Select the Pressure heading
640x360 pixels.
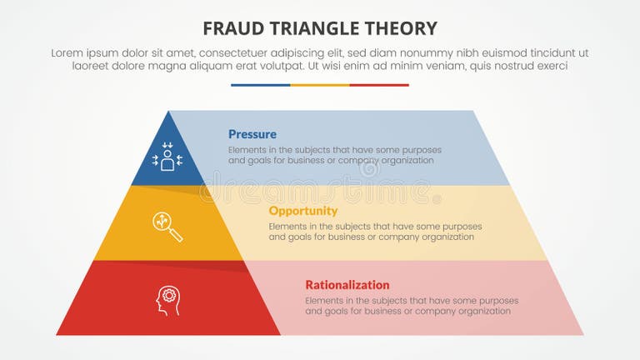coord(252,134)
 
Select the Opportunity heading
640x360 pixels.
coord(302,211)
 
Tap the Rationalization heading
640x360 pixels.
coord(347,284)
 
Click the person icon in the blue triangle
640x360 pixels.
coord(167,157)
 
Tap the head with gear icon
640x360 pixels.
coord(168,300)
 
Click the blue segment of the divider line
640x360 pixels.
coord(260,85)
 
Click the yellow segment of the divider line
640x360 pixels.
coord(320,85)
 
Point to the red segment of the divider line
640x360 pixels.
coord(379,85)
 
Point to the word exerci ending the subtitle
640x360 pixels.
coord(550,66)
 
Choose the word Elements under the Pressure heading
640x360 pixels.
coord(249,150)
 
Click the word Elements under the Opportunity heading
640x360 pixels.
coord(289,226)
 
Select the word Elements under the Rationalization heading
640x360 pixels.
coord(326,300)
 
